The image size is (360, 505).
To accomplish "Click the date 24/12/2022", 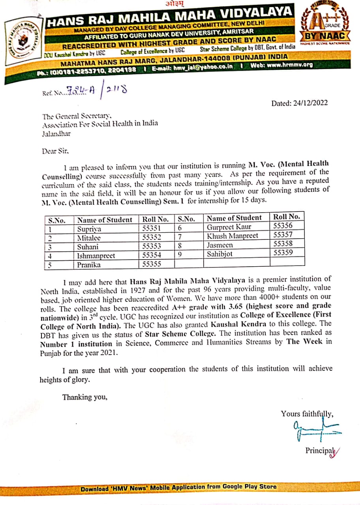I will tap(309, 103).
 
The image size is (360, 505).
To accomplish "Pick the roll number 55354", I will tap(152, 255).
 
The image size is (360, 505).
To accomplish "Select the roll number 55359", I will tap(283, 253).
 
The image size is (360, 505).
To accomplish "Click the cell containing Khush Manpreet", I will tap(232, 236).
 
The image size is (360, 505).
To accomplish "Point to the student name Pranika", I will tap(89, 265).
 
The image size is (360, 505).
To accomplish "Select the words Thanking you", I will tap(85, 397).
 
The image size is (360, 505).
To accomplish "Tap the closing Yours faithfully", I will tap(307, 414).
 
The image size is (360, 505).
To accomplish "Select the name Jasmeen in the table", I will tap(220, 245).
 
